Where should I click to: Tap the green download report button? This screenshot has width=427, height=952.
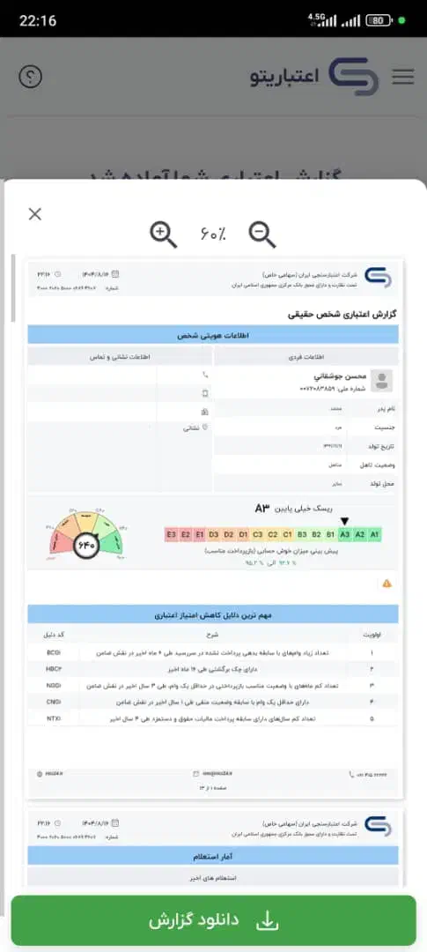[x=213, y=921]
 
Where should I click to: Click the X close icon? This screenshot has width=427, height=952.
[x=34, y=213]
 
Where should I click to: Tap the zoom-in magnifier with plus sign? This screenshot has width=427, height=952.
[x=164, y=234]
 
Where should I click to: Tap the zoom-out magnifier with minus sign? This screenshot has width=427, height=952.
[x=262, y=234]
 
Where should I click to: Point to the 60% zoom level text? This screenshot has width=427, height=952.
[x=212, y=234]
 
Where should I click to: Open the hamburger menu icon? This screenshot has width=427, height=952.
[x=402, y=77]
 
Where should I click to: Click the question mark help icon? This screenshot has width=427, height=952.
[x=30, y=77]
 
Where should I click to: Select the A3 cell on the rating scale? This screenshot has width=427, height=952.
[x=345, y=535]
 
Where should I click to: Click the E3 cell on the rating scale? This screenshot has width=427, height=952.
[x=172, y=535]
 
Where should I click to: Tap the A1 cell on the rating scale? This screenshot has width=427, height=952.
[x=374, y=535]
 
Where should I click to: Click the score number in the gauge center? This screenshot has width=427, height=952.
[x=86, y=545]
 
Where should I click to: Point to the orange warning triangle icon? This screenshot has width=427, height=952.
[x=387, y=584]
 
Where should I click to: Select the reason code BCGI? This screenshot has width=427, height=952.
[x=53, y=652]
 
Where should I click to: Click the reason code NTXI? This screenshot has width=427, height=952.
[x=53, y=719]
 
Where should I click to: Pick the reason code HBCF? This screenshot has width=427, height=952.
[x=53, y=669]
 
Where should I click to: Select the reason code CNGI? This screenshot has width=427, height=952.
[x=53, y=703]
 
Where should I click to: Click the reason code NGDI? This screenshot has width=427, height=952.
[x=53, y=686]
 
